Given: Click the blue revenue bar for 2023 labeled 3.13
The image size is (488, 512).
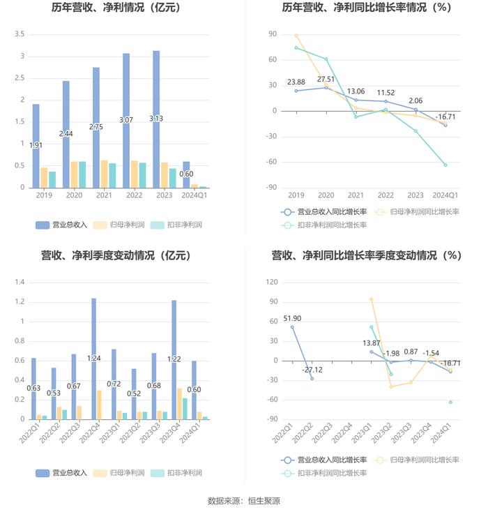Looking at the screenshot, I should point(155,119).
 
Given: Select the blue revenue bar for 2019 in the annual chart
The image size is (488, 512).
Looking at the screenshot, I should point(36,146).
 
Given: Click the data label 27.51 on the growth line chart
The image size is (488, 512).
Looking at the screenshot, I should point(326,80).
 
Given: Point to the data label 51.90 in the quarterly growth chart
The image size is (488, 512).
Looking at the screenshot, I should point(293,318).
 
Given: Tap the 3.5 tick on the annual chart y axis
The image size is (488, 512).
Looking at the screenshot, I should point(20,34).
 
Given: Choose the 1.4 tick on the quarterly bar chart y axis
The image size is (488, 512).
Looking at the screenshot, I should point(20,283).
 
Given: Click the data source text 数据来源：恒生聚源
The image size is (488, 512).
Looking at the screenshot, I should point(244,500).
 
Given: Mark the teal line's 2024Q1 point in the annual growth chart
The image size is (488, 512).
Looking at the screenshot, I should point(445,165).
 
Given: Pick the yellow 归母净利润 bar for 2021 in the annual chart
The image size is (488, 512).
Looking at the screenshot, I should point(104,174).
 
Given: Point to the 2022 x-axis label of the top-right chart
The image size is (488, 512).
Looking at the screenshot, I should point(386,196).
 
